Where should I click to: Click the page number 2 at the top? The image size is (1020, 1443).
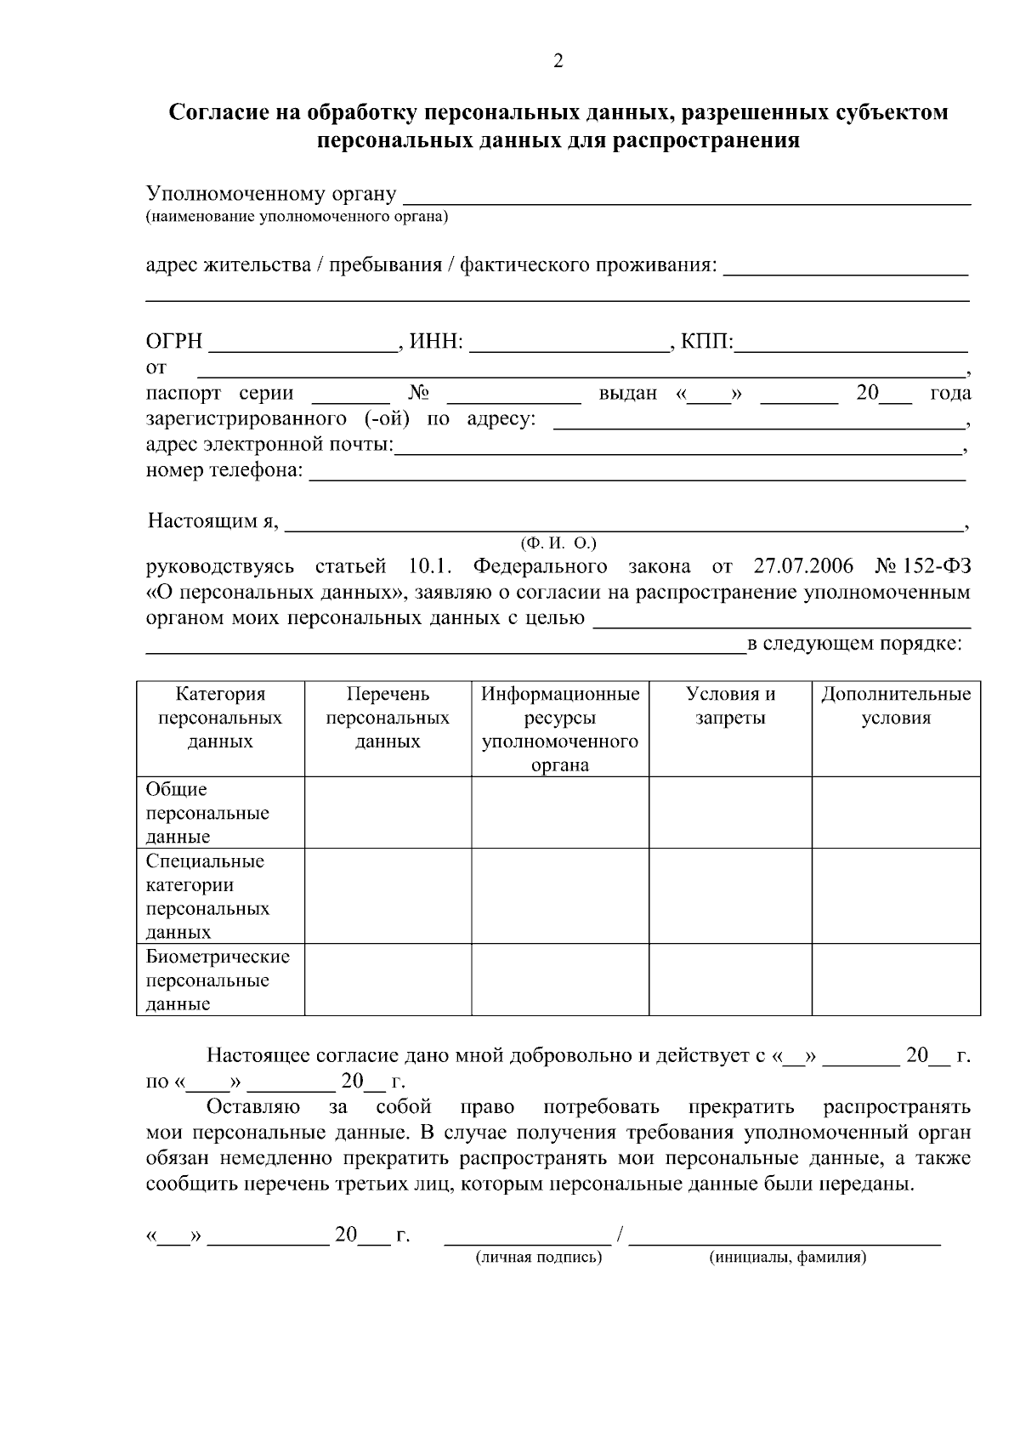pyautogui.click(x=558, y=61)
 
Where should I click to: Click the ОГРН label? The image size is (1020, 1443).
pyautogui.click(x=174, y=342)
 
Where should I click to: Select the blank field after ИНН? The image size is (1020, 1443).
pyautogui.click(x=568, y=344)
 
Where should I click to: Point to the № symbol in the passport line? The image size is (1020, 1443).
pyautogui.click(x=418, y=393)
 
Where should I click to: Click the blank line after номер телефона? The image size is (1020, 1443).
pyautogui.click(x=637, y=474)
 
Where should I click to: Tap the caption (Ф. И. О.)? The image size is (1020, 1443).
pyautogui.click(x=558, y=543)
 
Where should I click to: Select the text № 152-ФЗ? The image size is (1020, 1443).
pyautogui.click(x=922, y=566)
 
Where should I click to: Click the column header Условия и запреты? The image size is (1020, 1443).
pyautogui.click(x=730, y=706)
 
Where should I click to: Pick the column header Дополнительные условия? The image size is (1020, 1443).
pyautogui.click(x=895, y=706)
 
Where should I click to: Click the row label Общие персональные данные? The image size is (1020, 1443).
pyautogui.click(x=207, y=813)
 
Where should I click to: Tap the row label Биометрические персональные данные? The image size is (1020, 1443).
pyautogui.click(x=218, y=980)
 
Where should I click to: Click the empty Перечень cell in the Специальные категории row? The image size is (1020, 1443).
pyautogui.click(x=388, y=895)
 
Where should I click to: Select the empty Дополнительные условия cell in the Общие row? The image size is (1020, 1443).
pyautogui.click(x=895, y=812)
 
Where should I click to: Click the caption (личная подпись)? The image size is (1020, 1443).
pyautogui.click(x=538, y=1258)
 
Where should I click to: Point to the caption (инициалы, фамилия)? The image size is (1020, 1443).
pyautogui.click(x=787, y=1258)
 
